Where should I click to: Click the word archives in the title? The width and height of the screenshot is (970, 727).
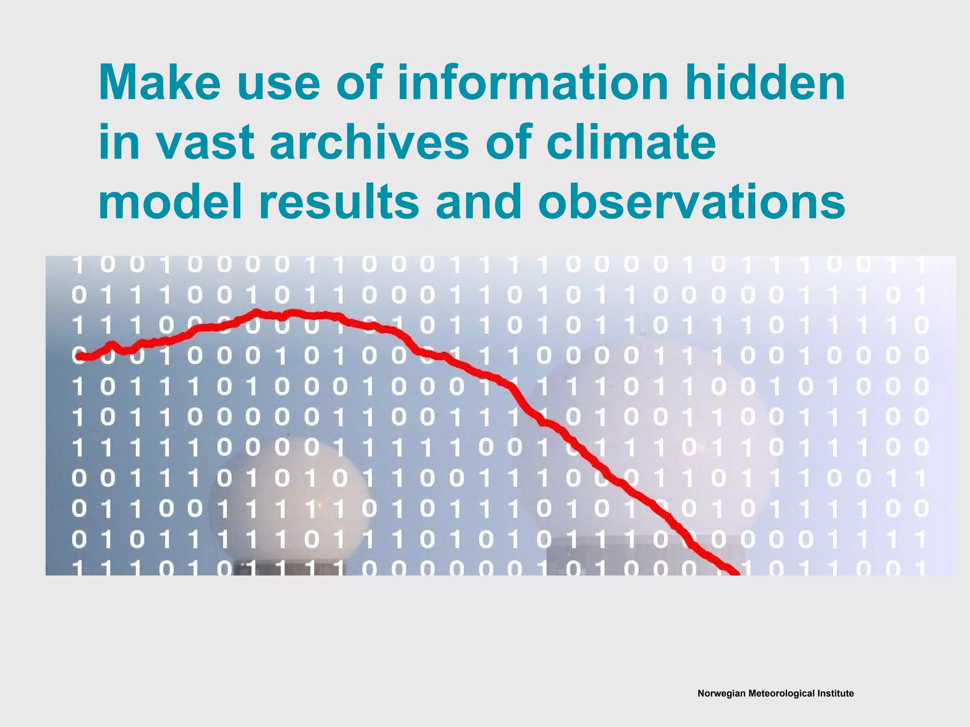coord(369,142)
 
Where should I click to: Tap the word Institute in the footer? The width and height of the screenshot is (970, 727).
coord(836,693)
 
